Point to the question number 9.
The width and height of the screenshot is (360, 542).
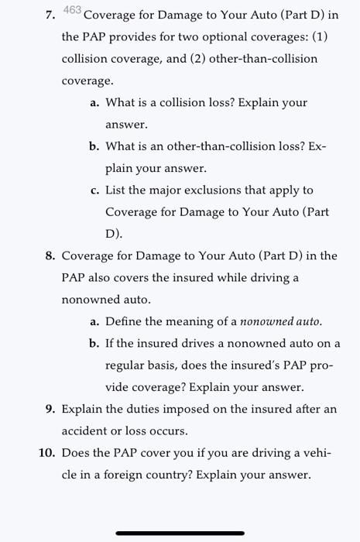[x=47, y=409]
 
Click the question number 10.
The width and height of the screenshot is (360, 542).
[x=46, y=452]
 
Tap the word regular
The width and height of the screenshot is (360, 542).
[x=125, y=365]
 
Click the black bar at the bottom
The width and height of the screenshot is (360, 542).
[x=180, y=533]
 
